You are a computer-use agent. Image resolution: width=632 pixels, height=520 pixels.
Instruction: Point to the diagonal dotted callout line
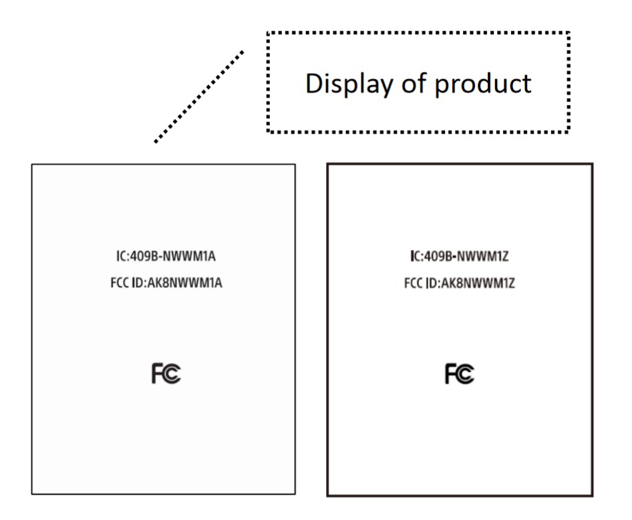[x=198, y=96]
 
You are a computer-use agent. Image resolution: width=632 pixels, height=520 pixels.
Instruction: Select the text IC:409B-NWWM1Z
[x=460, y=256]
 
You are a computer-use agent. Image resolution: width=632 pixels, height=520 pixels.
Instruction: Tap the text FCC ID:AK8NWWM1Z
[x=460, y=283]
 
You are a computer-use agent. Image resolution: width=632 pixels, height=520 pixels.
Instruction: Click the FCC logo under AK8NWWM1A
[x=166, y=375]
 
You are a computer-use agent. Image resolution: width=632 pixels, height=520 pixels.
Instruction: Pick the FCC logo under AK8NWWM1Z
[x=460, y=375]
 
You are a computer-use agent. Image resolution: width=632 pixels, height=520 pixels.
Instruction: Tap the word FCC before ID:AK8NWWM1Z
[x=413, y=283]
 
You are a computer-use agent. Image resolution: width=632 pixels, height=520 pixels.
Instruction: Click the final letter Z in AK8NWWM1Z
[x=511, y=283]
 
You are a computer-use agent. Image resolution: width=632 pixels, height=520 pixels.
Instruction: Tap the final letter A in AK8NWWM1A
[x=218, y=283]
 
